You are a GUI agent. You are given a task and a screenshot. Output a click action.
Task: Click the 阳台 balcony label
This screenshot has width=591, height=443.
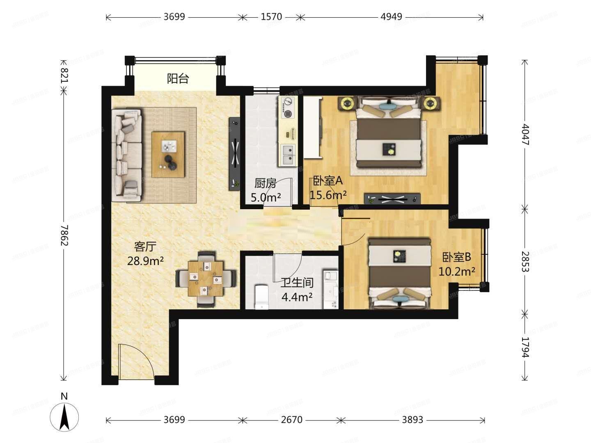click(x=178, y=78)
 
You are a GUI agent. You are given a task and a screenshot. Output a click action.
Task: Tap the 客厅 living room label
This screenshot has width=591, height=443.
click(x=145, y=247)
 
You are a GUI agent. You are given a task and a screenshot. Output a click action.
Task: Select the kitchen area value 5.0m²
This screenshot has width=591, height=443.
click(x=266, y=197)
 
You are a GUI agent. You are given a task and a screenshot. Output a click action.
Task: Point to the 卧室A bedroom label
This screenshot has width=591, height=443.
click(x=328, y=181)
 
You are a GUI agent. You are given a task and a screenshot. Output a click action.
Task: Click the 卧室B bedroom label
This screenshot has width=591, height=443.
click(x=456, y=257)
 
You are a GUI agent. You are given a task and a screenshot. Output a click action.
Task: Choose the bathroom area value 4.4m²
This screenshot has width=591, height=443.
click(x=297, y=297)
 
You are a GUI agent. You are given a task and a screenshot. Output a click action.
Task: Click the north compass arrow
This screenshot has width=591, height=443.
click(x=64, y=416)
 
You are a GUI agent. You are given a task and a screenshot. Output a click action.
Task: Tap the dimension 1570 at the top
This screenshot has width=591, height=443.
click(x=271, y=17)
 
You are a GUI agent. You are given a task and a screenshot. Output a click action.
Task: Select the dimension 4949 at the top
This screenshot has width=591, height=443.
click(x=391, y=17)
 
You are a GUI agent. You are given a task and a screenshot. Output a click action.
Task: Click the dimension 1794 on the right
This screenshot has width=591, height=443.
click(x=525, y=347)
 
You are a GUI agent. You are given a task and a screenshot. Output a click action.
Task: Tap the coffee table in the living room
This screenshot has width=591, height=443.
click(x=168, y=154)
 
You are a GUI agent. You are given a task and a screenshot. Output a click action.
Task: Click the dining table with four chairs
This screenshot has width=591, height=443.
click(x=206, y=279)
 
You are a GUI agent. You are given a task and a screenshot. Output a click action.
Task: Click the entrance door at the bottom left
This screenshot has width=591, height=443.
click(x=135, y=361)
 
